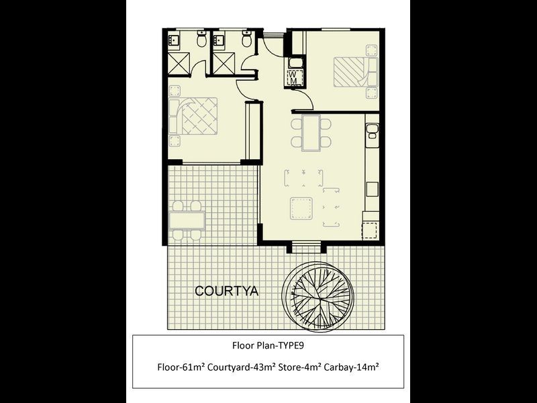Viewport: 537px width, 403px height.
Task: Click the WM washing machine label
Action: point(294,77)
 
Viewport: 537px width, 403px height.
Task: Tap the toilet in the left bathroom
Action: point(201,42)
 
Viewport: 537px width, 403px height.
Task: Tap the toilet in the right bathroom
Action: point(246,42)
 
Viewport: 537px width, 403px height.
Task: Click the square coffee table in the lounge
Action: point(301,209)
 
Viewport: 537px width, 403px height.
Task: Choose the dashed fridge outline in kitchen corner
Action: point(371,227)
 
